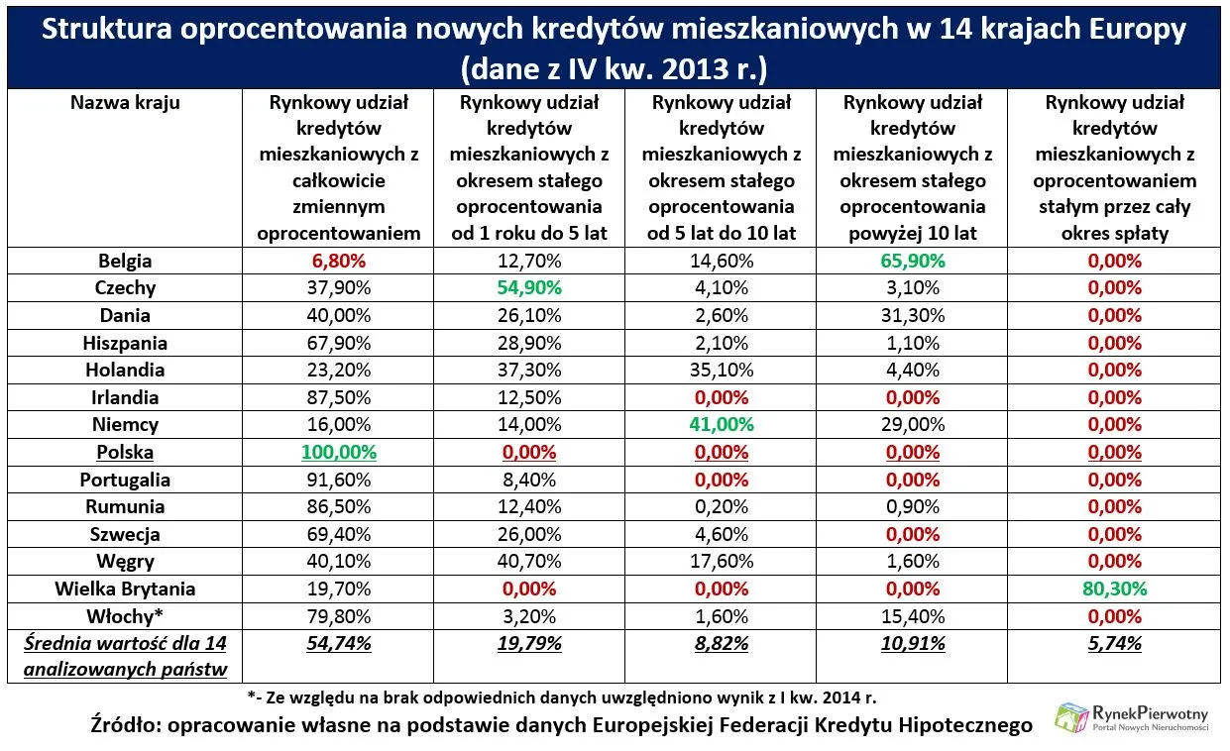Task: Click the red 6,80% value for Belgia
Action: pos(339,262)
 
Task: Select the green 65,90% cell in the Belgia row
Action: pos(912,262)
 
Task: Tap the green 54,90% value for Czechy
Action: pos(529,288)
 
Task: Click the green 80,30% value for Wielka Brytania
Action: pos(1114,589)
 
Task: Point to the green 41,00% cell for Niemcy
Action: pos(721,424)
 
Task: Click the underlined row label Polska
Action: pos(125,452)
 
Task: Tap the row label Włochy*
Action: pos(125,616)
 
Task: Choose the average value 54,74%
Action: pos(339,644)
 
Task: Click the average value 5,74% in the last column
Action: pos(1114,644)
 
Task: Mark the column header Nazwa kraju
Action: pos(125,102)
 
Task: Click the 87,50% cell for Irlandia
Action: pos(339,397)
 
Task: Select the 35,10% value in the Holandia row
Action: pos(721,370)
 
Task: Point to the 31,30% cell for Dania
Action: pos(912,315)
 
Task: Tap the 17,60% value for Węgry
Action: pos(721,562)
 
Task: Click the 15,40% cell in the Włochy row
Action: pos(912,616)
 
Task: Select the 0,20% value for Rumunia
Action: pos(721,506)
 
